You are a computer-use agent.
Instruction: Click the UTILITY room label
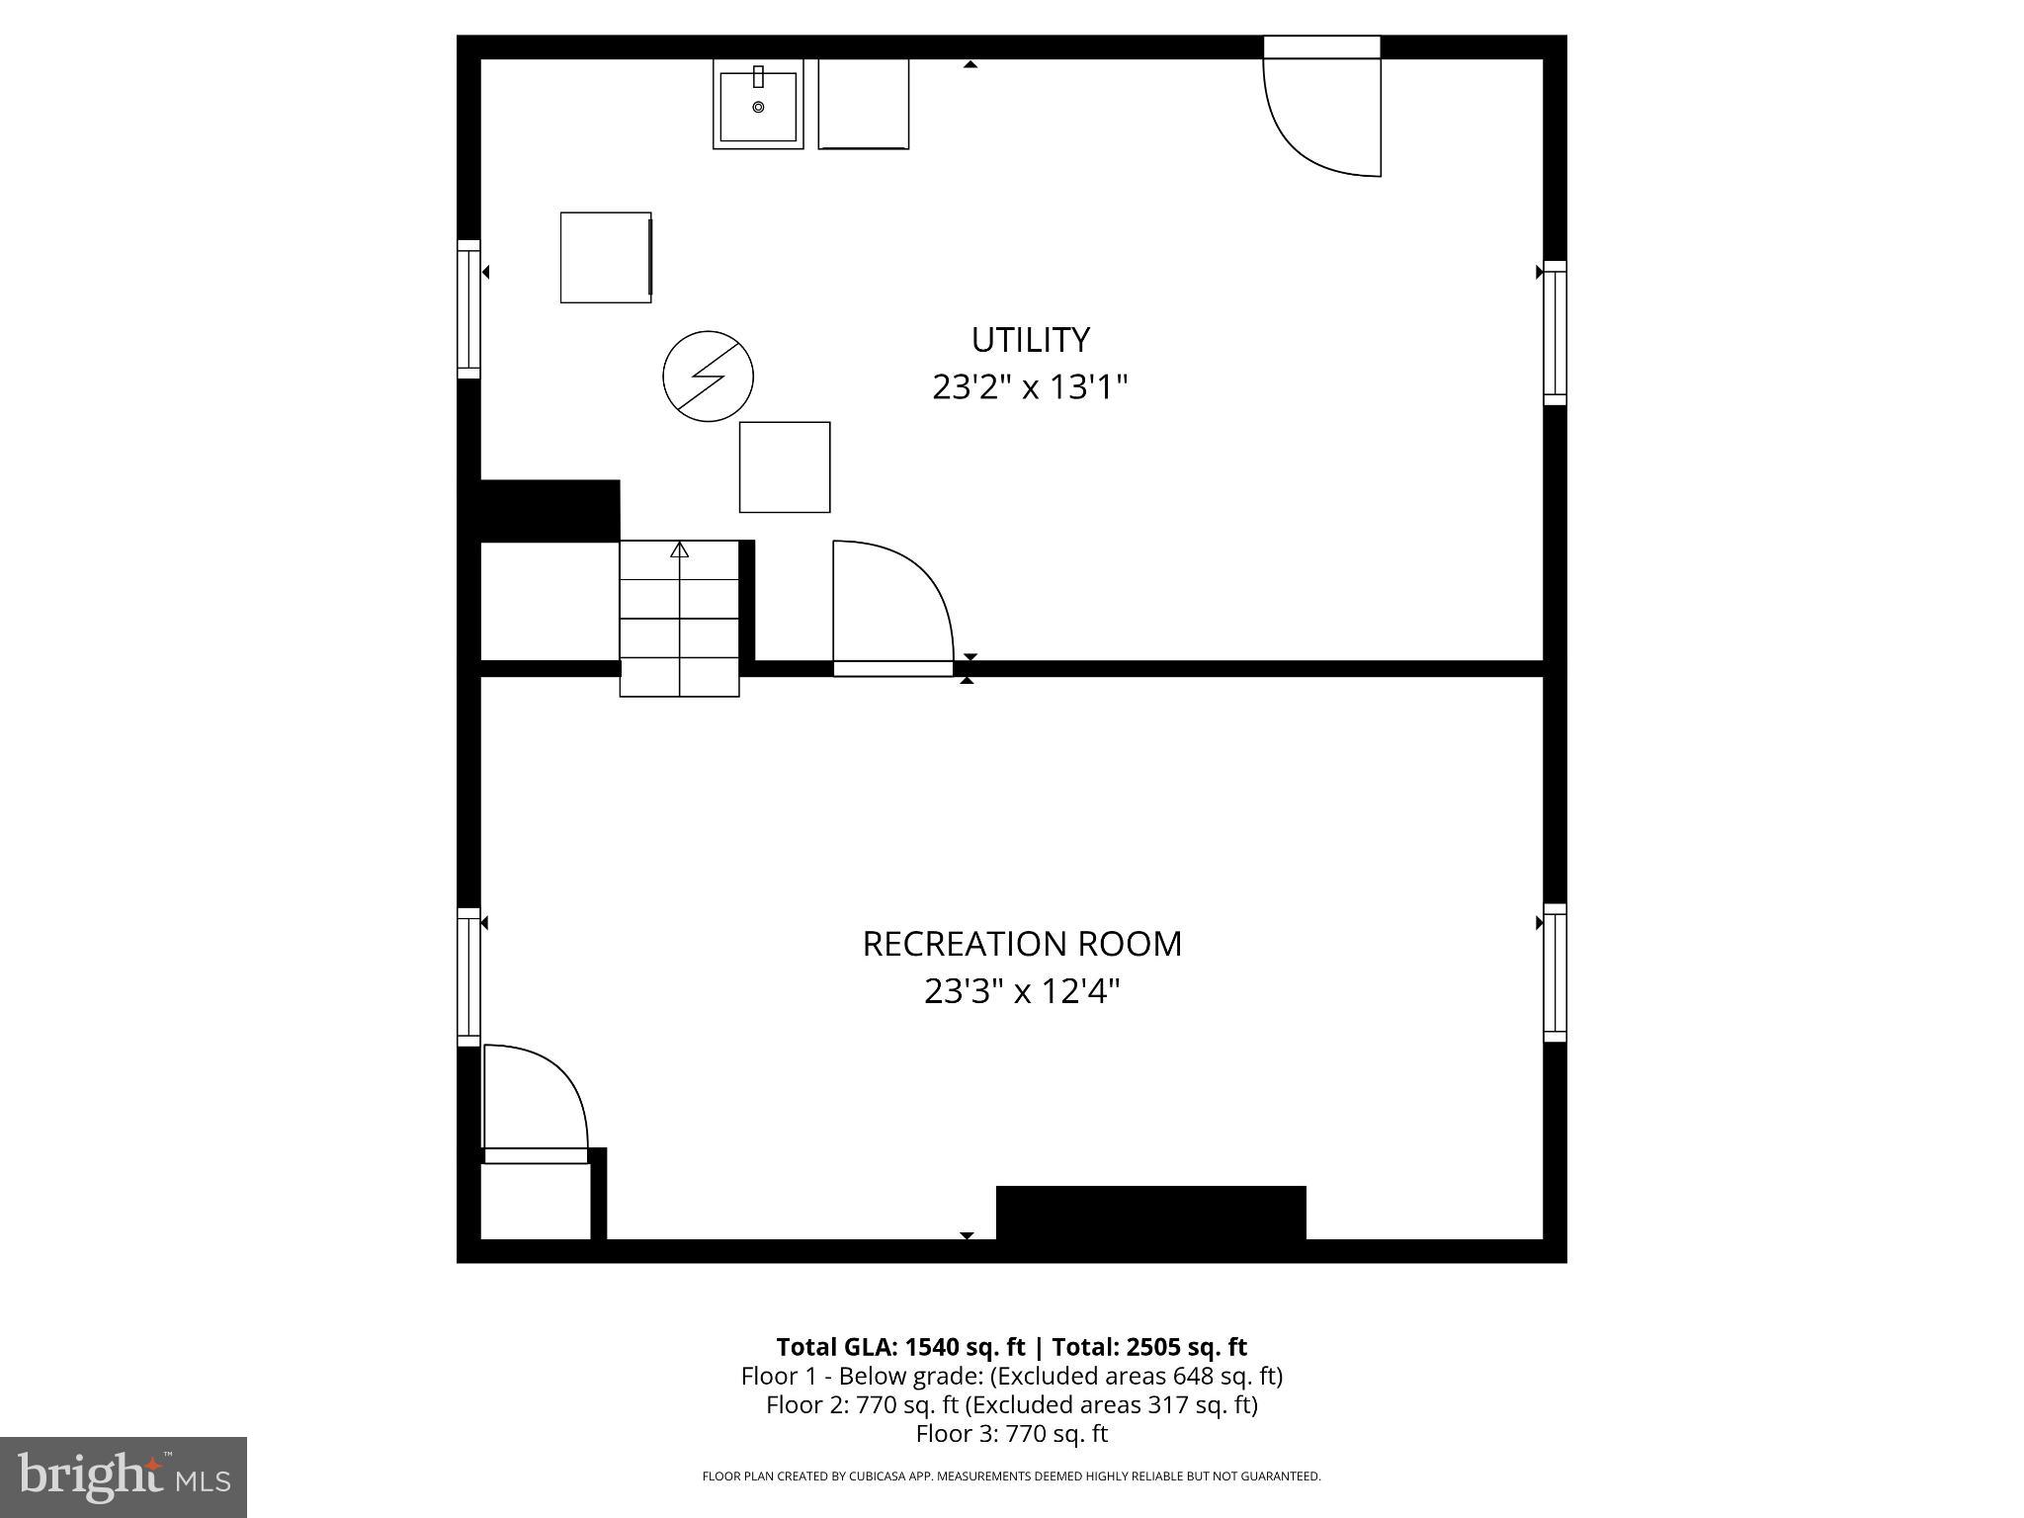[x=1030, y=340]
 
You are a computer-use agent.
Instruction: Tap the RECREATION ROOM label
[x=1022, y=944]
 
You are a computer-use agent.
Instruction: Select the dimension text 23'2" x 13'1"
[x=1030, y=386]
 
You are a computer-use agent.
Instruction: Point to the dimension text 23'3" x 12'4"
[x=1022, y=990]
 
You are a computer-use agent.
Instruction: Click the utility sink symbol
[x=758, y=105]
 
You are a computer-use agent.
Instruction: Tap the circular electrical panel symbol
[x=708, y=377]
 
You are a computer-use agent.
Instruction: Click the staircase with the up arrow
[x=679, y=618]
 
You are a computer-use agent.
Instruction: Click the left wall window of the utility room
[x=468, y=308]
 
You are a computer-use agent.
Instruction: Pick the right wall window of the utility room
[x=1555, y=333]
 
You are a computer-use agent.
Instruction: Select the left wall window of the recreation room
[x=468, y=976]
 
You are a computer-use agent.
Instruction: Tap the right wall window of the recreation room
[x=1555, y=972]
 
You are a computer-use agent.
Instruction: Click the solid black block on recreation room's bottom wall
[x=1150, y=1214]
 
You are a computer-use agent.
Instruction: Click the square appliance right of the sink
[x=863, y=104]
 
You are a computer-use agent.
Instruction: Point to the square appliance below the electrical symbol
[x=785, y=467]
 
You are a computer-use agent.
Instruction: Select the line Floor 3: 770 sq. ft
[x=1011, y=1433]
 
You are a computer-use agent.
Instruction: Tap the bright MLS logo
[x=124, y=1476]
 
